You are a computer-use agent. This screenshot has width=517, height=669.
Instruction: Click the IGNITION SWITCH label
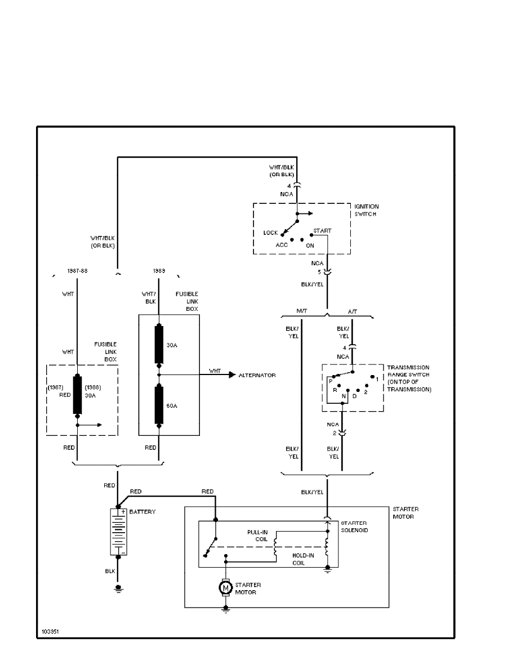(x=367, y=211)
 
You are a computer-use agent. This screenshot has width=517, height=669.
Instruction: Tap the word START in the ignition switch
(x=322, y=231)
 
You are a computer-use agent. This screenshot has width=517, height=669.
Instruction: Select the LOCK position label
(x=270, y=233)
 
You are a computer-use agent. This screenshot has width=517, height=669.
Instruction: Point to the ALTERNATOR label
(x=257, y=375)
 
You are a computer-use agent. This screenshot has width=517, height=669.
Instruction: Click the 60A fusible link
(x=159, y=404)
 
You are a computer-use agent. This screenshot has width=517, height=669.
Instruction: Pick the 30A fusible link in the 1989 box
(x=159, y=345)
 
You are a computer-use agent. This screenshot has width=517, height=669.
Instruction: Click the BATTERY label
(x=142, y=512)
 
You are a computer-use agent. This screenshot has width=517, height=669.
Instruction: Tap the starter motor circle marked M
(x=226, y=588)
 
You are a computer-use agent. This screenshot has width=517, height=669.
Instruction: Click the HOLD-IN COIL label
(x=303, y=558)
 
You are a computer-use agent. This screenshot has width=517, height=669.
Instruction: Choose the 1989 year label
(x=159, y=270)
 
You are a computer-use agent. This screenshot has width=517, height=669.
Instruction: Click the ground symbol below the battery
(x=118, y=589)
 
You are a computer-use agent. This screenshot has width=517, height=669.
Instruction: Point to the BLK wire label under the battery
(x=110, y=570)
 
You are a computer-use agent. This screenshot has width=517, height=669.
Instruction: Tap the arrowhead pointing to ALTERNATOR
(x=231, y=375)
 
